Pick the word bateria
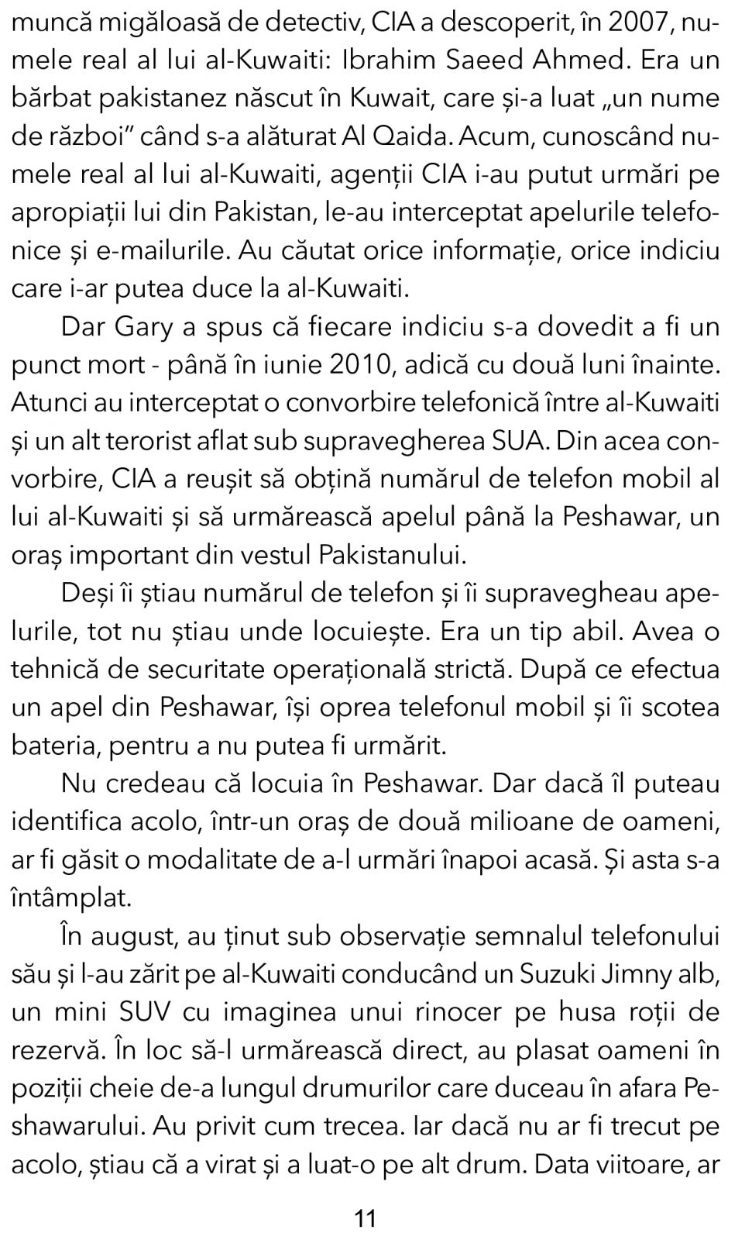54,746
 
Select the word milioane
522,821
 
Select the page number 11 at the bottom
365,1219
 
